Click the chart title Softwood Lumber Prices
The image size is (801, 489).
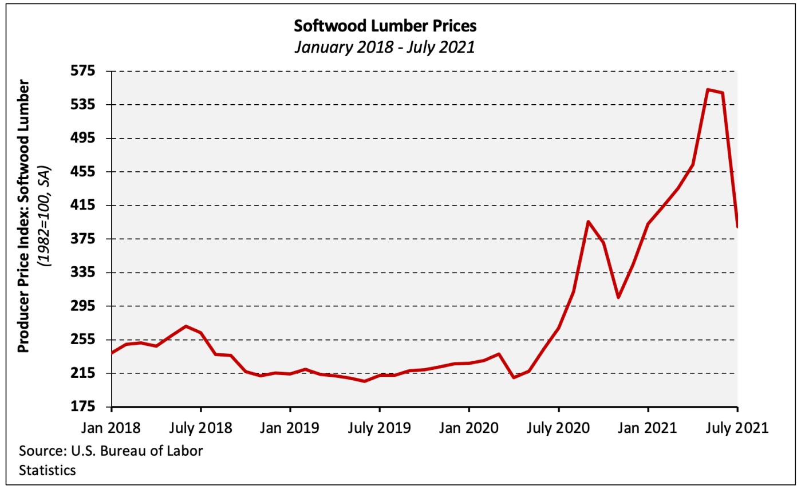(x=384, y=26)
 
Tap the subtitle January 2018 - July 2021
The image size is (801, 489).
(x=384, y=46)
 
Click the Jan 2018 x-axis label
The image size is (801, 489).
(x=111, y=428)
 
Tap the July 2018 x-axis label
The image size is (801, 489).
(x=200, y=428)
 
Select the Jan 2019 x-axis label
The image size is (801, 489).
(x=290, y=428)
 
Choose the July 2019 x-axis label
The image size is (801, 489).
(x=379, y=428)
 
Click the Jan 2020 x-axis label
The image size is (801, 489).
(x=469, y=428)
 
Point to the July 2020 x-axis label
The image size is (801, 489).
(x=558, y=428)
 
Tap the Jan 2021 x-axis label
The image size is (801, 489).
(x=648, y=428)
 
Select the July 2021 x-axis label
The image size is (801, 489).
(x=737, y=428)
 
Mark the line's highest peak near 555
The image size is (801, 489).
(x=708, y=89)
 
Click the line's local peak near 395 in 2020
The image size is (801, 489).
(x=588, y=221)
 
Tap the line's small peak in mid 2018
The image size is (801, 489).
(x=186, y=326)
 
